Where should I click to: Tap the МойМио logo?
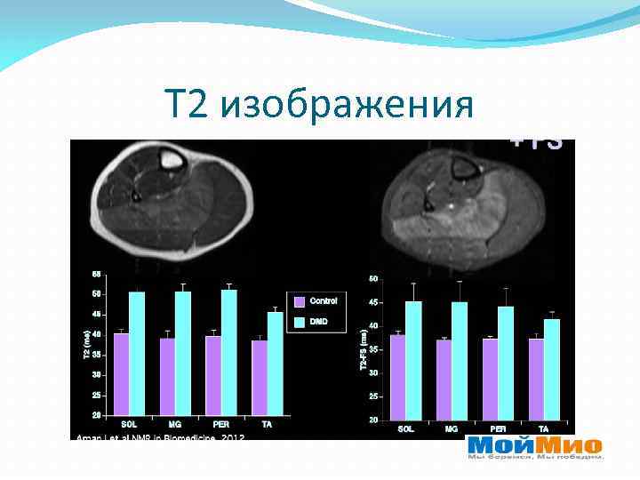[534, 446]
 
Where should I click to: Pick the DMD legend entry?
[316, 321]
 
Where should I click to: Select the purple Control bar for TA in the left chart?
[259, 377]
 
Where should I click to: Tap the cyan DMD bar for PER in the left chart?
[229, 352]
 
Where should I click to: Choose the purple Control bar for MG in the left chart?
[167, 376]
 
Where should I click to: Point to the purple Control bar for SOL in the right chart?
[397, 376]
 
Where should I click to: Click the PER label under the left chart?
[220, 425]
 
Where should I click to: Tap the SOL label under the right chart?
[405, 429]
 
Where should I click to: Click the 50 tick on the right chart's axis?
[373, 279]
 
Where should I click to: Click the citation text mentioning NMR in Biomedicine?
[160, 437]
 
